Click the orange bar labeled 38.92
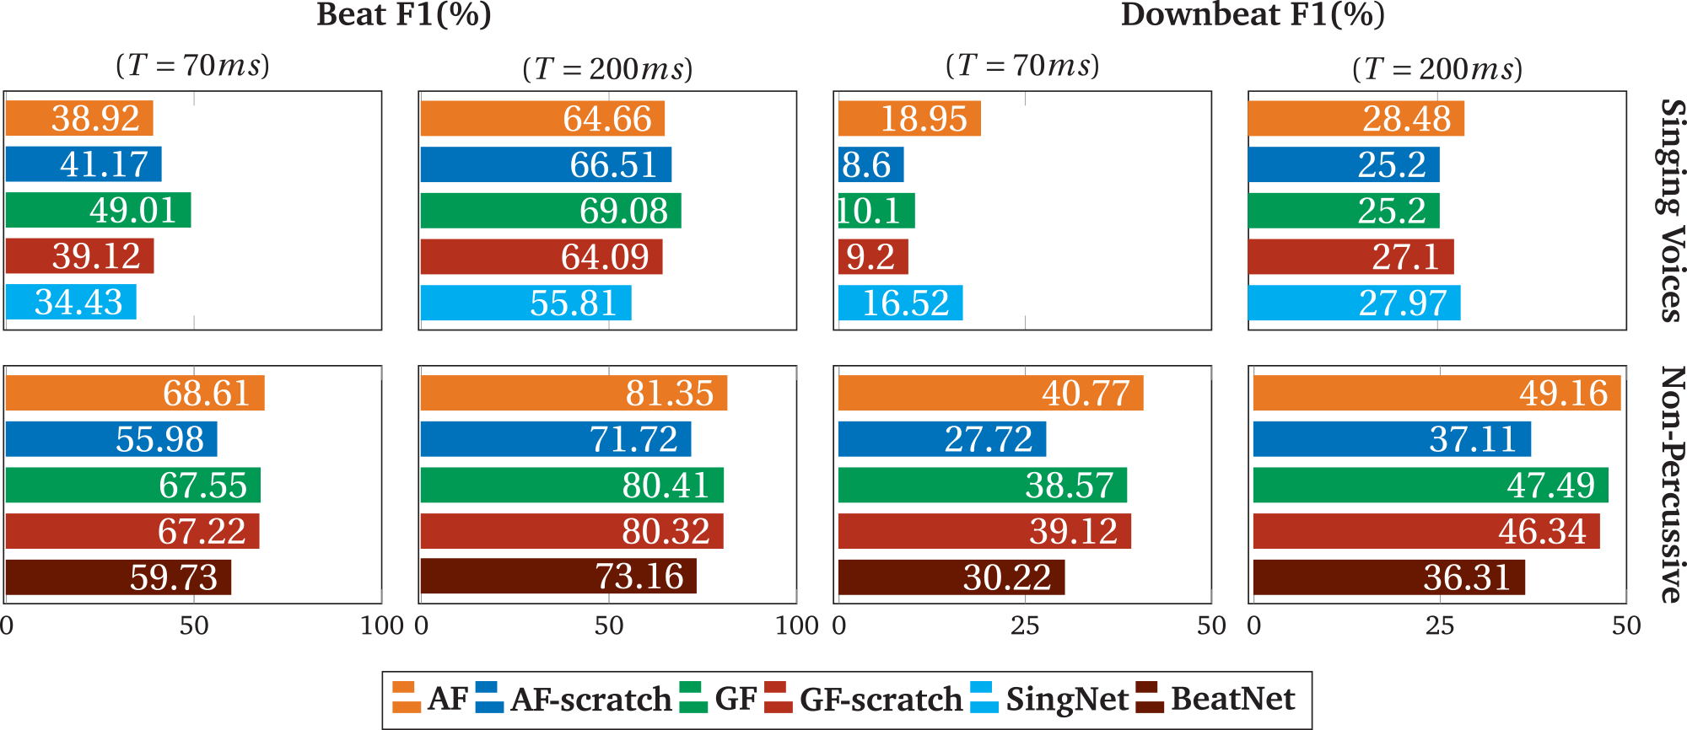pos(78,118)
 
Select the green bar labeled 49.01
pos(98,210)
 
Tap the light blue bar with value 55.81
pos(525,303)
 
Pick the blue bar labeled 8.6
pos(870,164)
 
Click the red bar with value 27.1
pos(1350,256)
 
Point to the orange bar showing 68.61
pos(134,393)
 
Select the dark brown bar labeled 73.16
pos(558,577)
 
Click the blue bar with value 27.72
pos(941,439)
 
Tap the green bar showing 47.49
pos(1430,486)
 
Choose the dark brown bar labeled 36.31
pos(1388,577)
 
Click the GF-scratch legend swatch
pos(778,698)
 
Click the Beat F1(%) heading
pos(404,14)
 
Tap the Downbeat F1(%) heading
pos(1252,14)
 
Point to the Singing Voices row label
pos(1671,211)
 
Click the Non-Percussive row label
pos(1671,485)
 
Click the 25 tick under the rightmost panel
pos(1439,625)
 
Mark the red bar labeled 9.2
pos(872,256)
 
